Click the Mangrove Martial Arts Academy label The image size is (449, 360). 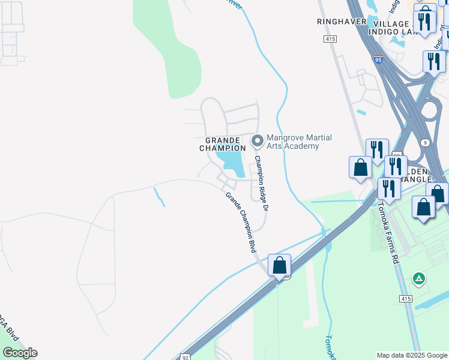299,142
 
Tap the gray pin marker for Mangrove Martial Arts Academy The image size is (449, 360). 258,141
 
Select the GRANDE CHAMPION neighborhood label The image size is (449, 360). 226,144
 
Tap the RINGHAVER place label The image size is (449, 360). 341,21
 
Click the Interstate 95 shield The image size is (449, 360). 378,60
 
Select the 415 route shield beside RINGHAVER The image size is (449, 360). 330,39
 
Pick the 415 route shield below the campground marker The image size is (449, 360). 406,298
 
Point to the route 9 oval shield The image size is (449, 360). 426,143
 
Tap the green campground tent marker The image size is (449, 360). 419,278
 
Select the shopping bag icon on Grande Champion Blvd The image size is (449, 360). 279,265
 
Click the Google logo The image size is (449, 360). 20,353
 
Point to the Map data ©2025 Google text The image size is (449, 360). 412,355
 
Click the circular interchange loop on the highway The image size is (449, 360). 430,112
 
